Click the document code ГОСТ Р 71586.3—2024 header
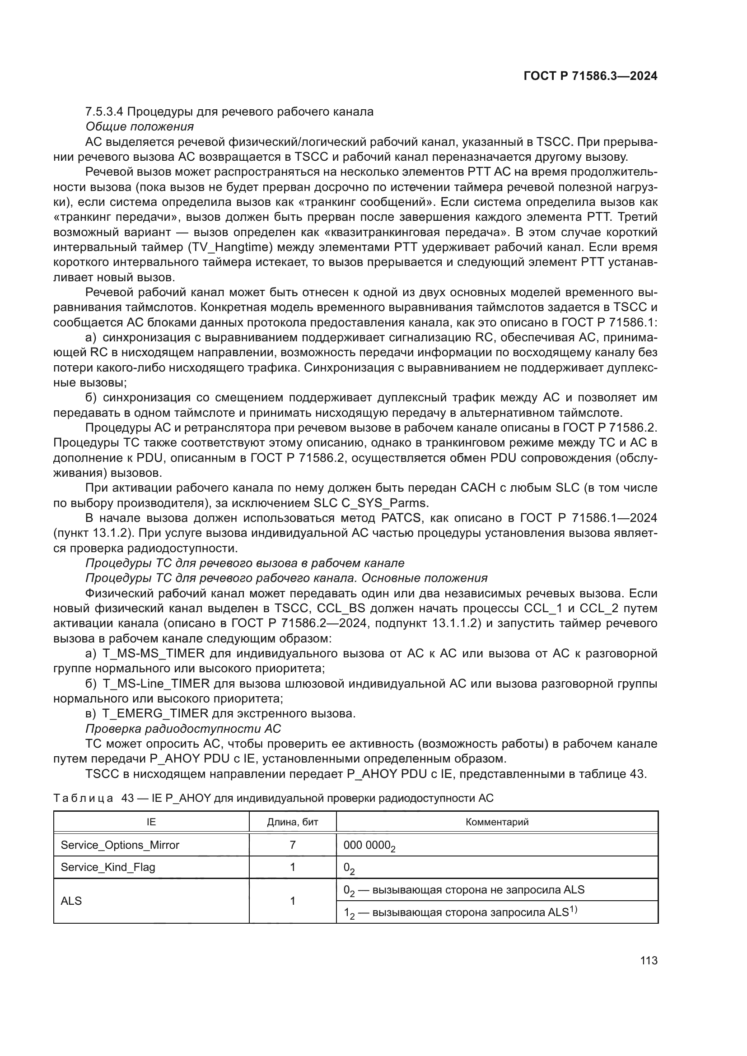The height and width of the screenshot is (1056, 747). tap(590, 76)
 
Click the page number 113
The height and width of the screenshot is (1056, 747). tap(649, 961)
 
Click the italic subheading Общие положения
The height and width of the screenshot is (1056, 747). tap(140, 126)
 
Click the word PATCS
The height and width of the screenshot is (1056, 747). tap(401, 518)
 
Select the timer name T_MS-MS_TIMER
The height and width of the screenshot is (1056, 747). tap(154, 654)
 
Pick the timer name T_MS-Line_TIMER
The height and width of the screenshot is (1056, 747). tap(156, 684)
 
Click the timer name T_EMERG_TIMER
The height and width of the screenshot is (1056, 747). tap(155, 714)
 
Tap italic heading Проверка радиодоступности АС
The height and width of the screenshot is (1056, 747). tap(183, 729)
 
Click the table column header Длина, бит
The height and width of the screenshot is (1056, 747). tap(293, 822)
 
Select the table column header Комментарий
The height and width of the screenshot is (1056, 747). tap(497, 822)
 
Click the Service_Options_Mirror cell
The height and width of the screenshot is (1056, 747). tap(120, 845)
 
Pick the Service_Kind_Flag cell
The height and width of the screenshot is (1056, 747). tap(108, 867)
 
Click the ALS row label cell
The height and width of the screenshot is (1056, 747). tap(71, 901)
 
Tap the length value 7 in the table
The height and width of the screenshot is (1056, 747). tap(293, 845)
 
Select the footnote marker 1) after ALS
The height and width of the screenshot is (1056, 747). tap(573, 909)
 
